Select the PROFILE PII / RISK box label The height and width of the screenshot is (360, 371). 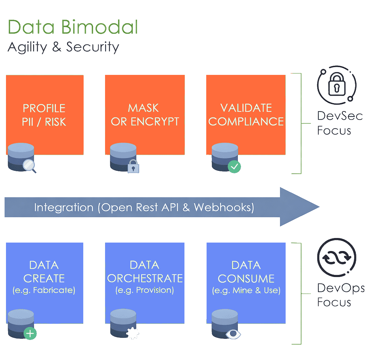tap(44, 115)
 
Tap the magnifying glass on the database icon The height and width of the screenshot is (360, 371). tap(29, 165)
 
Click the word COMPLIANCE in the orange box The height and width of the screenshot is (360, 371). tap(246, 121)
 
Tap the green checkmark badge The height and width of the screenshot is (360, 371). tap(234, 166)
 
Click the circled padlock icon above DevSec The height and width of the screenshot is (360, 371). tap(337, 86)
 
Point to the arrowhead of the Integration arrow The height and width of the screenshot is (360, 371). tap(300, 207)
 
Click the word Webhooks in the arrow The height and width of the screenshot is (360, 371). tap(223, 207)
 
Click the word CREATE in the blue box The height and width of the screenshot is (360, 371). tap(44, 278)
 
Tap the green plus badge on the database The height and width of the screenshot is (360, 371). tap(30, 333)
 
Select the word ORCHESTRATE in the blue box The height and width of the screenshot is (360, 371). tap(145, 278)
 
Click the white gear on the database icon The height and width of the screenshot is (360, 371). tap(133, 333)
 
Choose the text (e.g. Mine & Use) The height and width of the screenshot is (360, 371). tap(246, 291)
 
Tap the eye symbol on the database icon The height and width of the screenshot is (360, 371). tap(233, 334)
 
